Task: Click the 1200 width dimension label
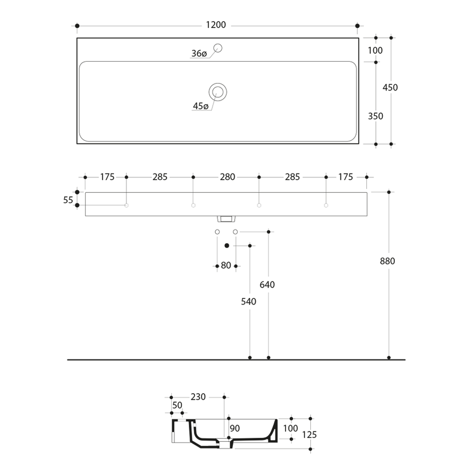(216, 25)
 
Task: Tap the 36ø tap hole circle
(217, 47)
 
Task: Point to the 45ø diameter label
(200, 106)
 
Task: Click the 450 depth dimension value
(390, 88)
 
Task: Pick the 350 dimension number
(375, 116)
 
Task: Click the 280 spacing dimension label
(227, 177)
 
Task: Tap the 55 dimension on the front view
(69, 200)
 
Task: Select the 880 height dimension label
(387, 261)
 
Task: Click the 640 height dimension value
(267, 285)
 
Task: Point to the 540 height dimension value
(248, 302)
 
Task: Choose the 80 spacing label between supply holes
(226, 266)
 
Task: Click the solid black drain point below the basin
(227, 246)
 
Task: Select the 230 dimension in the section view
(198, 397)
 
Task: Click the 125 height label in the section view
(309, 435)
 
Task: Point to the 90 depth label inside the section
(235, 428)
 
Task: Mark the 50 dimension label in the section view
(177, 405)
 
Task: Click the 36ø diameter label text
(199, 54)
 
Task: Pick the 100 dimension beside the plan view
(375, 50)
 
